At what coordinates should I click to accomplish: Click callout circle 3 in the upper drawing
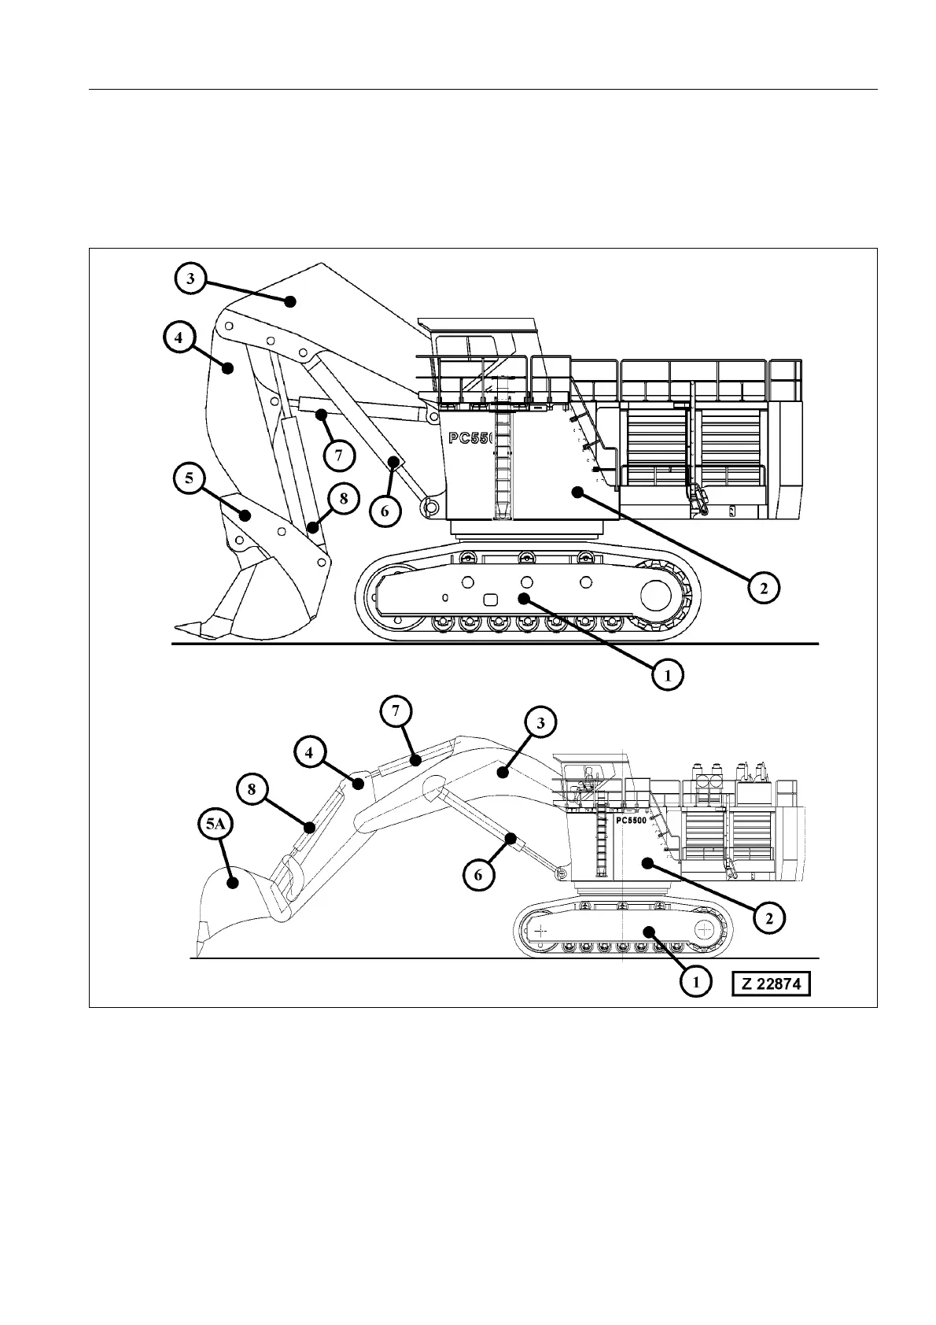point(190,279)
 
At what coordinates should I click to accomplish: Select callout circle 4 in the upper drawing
point(179,338)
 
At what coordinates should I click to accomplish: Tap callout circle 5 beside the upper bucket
point(190,479)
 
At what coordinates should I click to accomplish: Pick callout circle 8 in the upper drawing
point(344,498)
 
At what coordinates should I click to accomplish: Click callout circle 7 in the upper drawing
point(338,454)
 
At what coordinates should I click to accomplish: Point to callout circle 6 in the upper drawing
point(385,511)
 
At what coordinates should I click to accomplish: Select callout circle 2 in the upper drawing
point(763,586)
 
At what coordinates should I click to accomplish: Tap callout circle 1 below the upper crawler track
point(667,674)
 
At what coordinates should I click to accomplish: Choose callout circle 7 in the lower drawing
point(396,710)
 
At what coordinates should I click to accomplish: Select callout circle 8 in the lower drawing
point(252,788)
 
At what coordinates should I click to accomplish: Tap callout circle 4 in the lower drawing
point(310,752)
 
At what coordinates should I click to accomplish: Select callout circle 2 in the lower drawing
point(769,917)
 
